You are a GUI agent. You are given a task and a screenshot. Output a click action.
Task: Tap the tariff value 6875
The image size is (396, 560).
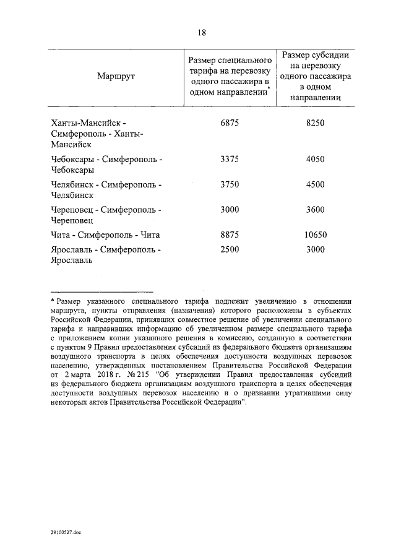230,123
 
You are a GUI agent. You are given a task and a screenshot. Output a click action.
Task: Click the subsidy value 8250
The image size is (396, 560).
315,123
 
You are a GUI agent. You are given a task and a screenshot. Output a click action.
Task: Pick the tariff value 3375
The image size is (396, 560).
230,159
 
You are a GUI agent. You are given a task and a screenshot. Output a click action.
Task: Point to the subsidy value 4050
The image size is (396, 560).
315,159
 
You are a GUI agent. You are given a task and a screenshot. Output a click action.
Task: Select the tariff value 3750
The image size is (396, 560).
230,184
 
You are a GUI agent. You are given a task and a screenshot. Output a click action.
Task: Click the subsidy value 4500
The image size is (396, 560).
315,184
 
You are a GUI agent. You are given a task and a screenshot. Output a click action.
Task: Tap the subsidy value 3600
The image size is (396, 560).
315,210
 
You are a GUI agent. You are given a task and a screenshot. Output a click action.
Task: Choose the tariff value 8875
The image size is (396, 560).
230,235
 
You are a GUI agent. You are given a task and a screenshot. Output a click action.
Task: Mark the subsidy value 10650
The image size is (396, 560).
315,235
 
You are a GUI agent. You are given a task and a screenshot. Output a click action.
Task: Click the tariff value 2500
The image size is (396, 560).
230,250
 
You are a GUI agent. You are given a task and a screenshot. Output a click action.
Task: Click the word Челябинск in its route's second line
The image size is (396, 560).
72,195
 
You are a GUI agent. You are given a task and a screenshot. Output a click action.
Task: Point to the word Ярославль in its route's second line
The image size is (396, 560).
72,261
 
